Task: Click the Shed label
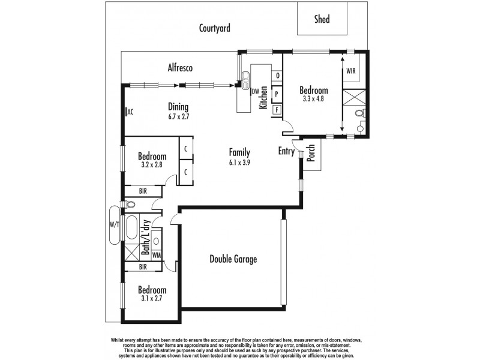322,19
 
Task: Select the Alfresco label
179,68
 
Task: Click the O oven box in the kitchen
277,76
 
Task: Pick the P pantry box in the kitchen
277,94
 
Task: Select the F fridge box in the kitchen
277,110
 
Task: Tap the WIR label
351,71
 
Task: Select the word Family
239,152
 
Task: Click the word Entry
286,152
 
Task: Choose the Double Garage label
233,259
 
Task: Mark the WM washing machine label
157,255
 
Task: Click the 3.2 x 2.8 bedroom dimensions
151,164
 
